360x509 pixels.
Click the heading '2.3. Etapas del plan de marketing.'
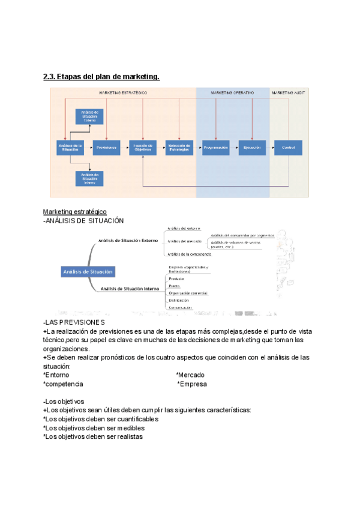pyautogui.click(x=101, y=77)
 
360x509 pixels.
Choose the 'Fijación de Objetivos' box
pyautogui.click(x=142, y=147)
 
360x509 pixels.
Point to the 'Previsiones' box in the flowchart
pyautogui.click(x=106, y=147)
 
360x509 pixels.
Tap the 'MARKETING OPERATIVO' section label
pyautogui.click(x=232, y=93)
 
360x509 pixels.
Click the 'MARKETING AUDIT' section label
pyautogui.click(x=289, y=93)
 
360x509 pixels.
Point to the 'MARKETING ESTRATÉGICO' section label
pyautogui.click(x=123, y=93)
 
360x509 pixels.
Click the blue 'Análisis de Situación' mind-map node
pyautogui.click(x=87, y=272)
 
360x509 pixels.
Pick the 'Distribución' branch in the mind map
pyautogui.click(x=179, y=300)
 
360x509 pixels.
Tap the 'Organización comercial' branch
pyautogui.click(x=188, y=293)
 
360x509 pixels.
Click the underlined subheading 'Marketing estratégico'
pyautogui.click(x=75, y=212)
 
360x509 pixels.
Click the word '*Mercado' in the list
pyautogui.click(x=190, y=375)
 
